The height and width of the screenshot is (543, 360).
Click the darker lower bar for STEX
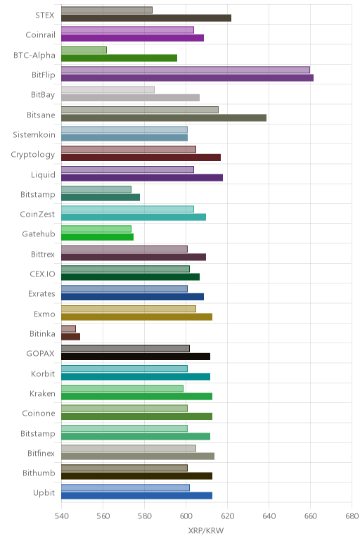pyautogui.click(x=146, y=18)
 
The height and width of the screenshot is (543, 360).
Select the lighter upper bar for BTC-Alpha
pyautogui.click(x=84, y=50)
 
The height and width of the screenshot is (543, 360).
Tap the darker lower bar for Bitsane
pyautogui.click(x=164, y=117)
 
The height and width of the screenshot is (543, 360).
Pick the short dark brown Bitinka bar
pyautogui.click(x=70, y=337)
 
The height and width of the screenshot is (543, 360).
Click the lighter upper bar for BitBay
pyautogui.click(x=108, y=90)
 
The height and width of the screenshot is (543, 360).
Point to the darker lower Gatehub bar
pyautogui.click(x=97, y=237)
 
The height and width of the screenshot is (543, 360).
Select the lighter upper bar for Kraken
pyautogui.click(x=122, y=388)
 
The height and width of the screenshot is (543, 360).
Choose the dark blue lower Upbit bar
pyautogui.click(x=136, y=496)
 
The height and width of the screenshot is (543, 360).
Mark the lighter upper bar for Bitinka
pyautogui.click(x=68, y=328)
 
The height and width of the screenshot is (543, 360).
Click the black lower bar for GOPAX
pyautogui.click(x=136, y=357)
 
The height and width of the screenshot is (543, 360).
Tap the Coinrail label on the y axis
pyautogui.click(x=41, y=35)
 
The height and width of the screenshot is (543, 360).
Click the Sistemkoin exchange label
pyautogui.click(x=34, y=134)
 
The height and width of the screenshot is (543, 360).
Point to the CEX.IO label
pyautogui.click(x=43, y=274)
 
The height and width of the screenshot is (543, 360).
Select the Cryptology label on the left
pyautogui.click(x=33, y=155)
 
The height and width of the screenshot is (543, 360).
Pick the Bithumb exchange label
pyautogui.click(x=39, y=473)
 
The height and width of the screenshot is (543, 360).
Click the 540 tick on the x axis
pyautogui.click(x=62, y=516)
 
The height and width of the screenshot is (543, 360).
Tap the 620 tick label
pyautogui.click(x=227, y=516)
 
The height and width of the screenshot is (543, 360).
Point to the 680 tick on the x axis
pyautogui.click(x=352, y=516)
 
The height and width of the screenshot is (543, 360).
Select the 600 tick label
pyautogui.click(x=186, y=516)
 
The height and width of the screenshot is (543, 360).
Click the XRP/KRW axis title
pyautogui.click(x=206, y=530)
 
